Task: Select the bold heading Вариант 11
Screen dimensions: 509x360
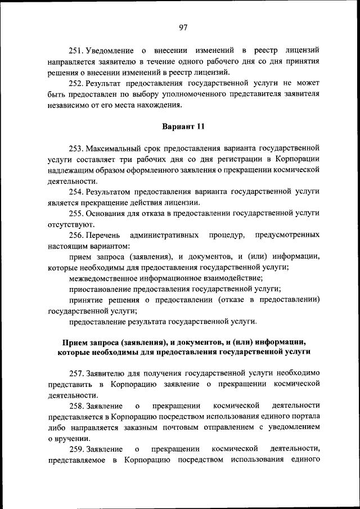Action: point(183,127)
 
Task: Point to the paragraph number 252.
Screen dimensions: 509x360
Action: point(76,83)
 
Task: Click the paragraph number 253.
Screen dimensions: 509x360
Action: point(76,149)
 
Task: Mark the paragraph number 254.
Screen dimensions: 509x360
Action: point(76,192)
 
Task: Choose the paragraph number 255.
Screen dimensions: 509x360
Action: point(76,213)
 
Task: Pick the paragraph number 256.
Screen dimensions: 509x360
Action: point(76,235)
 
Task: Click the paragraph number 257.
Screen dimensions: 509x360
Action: point(76,373)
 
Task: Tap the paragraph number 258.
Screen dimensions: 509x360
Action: point(76,406)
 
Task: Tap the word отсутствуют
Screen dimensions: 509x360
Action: point(68,224)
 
